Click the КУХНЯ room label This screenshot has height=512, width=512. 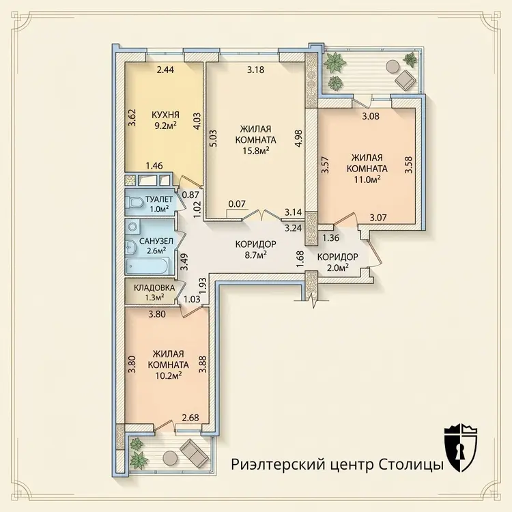[165, 115]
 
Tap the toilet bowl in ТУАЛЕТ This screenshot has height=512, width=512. [136, 203]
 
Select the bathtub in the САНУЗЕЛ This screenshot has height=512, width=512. [147, 265]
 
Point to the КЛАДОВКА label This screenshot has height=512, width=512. [154, 288]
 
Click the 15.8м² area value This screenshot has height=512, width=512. [256, 150]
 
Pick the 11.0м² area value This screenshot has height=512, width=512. [367, 180]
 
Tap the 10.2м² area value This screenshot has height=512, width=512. [169, 375]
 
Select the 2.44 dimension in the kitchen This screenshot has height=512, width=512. [166, 70]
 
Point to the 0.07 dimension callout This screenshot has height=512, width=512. [237, 204]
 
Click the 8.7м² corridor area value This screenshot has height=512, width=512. [256, 255]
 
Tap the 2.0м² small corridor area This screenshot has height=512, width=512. [338, 268]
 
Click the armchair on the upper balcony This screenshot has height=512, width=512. [405, 79]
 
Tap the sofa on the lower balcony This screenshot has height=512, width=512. [195, 454]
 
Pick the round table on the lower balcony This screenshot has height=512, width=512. [170, 457]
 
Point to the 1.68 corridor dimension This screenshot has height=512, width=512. [300, 259]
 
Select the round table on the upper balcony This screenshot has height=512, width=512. [393, 66]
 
